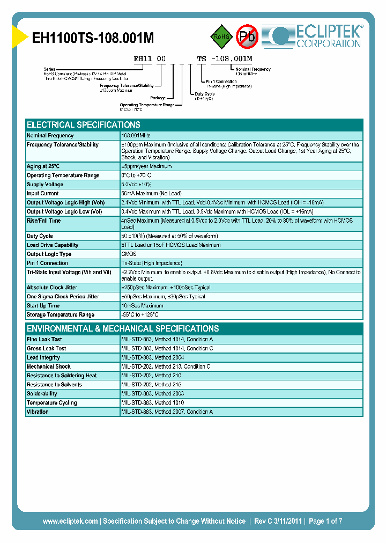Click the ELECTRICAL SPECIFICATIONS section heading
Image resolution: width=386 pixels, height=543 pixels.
coord(84,124)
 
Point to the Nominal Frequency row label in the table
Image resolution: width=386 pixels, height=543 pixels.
coord(50,136)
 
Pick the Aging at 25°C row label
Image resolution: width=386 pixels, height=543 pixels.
coord(43,166)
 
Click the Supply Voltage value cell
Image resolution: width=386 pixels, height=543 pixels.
coord(137,185)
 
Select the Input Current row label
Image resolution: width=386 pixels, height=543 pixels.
coord(43,194)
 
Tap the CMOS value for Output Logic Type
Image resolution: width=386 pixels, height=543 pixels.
coord(129,254)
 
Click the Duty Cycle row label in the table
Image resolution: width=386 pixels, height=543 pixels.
coord(40,236)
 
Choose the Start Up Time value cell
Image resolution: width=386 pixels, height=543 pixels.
coord(142,306)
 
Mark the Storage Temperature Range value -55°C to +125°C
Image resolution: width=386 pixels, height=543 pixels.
coord(140,315)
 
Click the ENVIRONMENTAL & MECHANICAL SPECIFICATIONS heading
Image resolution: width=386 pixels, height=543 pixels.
coord(123,328)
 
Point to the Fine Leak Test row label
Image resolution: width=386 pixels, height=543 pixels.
coord(44,340)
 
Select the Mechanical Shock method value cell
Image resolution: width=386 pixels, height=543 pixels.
coord(166,366)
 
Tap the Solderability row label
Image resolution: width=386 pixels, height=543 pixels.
coord(42,394)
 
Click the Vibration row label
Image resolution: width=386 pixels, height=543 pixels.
coord(38,412)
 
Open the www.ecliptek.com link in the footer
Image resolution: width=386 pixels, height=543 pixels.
coord(70,521)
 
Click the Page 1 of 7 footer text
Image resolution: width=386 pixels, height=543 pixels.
coord(325,521)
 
